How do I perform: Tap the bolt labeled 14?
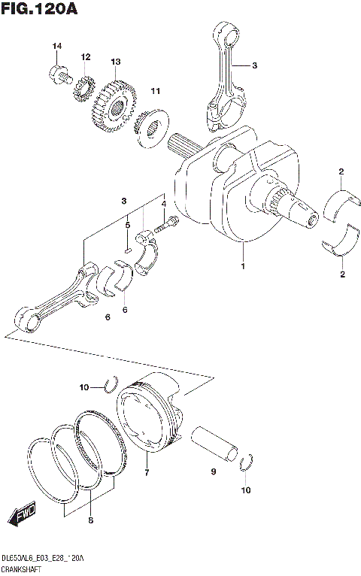pos(59,74)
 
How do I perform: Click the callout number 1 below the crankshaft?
pos(243,265)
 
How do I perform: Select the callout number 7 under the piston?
pos(147,473)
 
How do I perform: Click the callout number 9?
pos(213,473)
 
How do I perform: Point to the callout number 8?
pos(91,520)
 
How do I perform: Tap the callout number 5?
pos(128,225)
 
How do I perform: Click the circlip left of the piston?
pos(110,384)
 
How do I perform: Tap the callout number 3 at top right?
pos(254,65)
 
